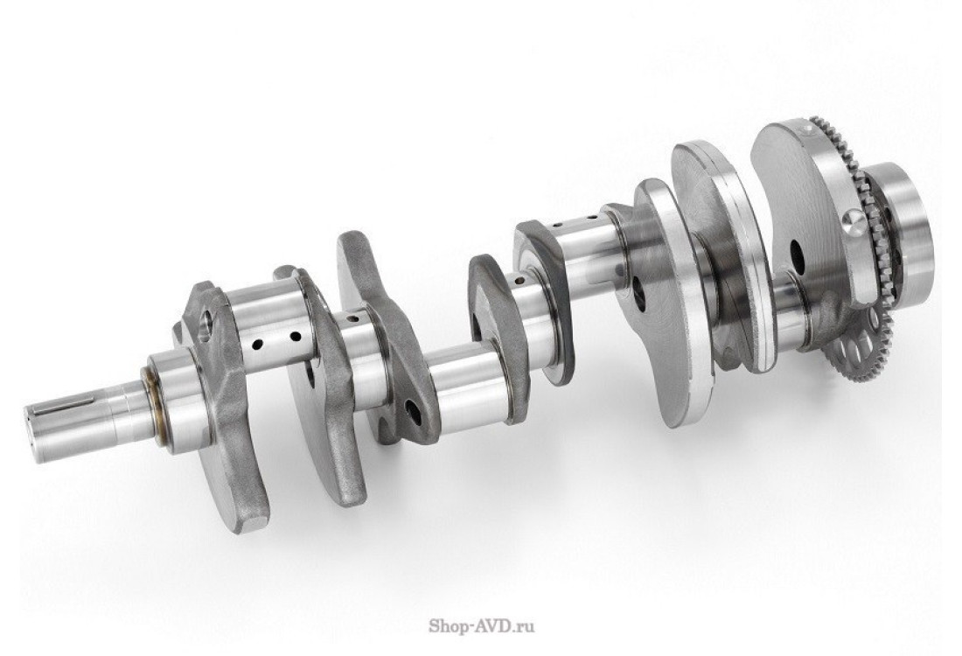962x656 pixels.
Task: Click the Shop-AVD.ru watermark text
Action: point(482,626)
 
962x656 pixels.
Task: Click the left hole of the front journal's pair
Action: point(258,344)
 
